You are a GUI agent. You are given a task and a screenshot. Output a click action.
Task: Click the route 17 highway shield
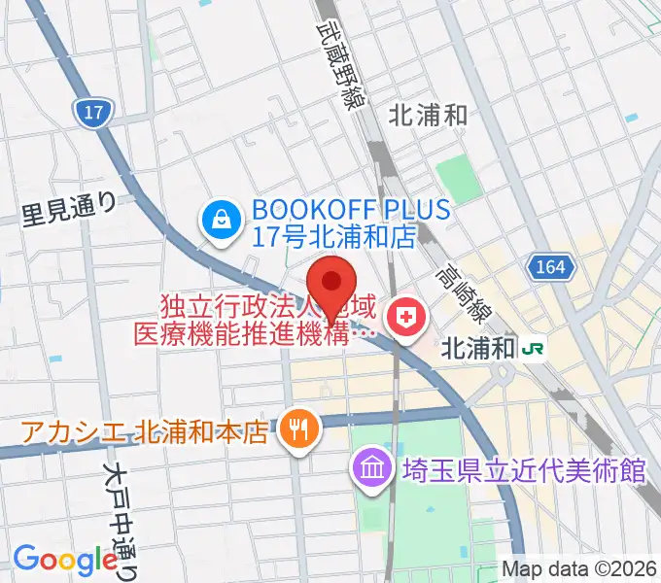(x=92, y=114)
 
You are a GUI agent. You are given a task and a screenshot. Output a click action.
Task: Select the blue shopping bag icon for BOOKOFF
(x=221, y=223)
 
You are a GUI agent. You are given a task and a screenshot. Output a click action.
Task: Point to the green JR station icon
(x=534, y=347)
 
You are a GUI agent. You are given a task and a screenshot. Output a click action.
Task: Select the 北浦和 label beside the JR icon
(x=477, y=348)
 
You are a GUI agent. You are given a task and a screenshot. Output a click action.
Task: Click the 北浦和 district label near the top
(x=428, y=116)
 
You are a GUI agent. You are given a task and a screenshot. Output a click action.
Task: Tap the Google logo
(x=65, y=559)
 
